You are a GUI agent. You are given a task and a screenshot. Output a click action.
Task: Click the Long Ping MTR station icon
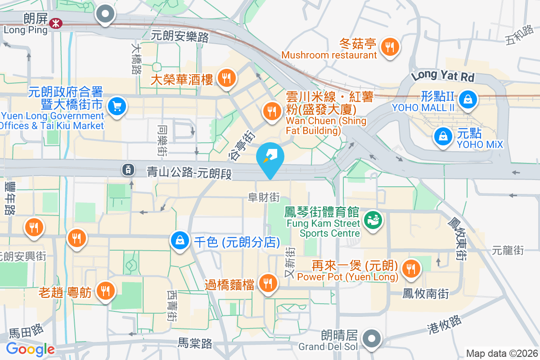tap(56, 23)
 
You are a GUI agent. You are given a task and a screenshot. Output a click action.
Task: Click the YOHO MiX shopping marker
tap(443, 135)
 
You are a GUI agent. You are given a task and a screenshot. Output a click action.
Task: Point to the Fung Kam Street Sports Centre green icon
tap(373, 220)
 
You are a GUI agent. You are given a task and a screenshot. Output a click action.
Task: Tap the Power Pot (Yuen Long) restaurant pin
tap(411, 269)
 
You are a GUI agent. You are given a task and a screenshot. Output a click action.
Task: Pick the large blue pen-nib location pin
tap(270, 157)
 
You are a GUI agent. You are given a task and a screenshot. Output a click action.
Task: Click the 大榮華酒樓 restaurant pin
tap(225, 79)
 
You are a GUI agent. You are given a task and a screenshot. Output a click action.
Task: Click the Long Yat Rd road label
tap(443, 75)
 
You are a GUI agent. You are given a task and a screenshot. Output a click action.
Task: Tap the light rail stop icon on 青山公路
tap(128, 169)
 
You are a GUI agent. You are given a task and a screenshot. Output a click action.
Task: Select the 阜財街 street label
tap(264, 197)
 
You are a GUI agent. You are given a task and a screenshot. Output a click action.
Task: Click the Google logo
tap(30, 349)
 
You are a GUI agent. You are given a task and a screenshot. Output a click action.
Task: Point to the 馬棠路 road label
tap(195, 343)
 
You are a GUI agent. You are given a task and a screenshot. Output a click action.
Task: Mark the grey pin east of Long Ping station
tap(106, 14)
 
